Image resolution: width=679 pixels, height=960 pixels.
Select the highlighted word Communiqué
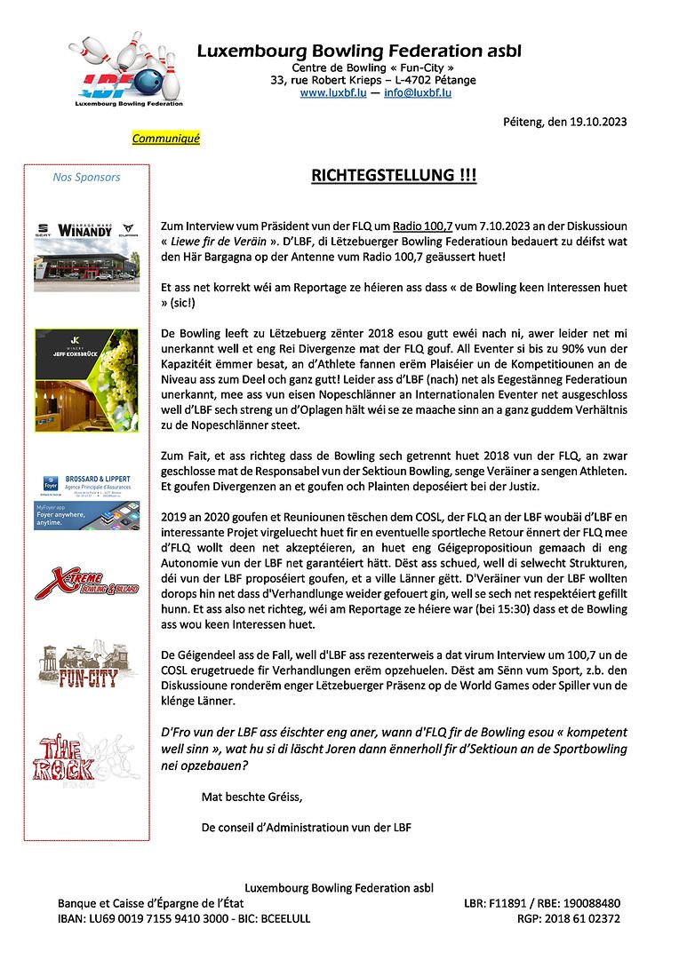[166, 139]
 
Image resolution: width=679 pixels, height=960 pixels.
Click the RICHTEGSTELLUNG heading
[394, 176]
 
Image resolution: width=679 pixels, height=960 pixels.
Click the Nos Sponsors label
[86, 178]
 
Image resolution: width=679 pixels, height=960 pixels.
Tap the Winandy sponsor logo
[86, 229]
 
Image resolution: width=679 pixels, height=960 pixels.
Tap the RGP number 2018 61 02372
[581, 918]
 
